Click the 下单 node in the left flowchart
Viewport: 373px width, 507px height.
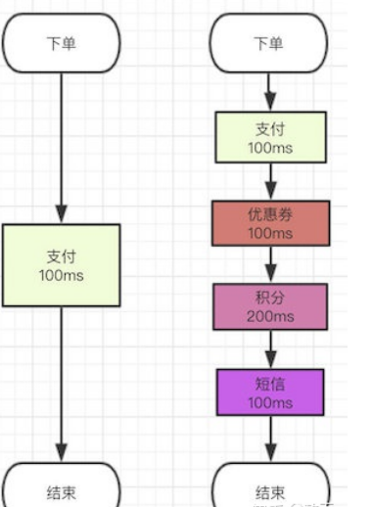[61, 43]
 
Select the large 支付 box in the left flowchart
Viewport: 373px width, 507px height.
[61, 263]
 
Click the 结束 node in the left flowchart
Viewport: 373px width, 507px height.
[61, 489]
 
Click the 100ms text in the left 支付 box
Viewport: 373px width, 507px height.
[61, 275]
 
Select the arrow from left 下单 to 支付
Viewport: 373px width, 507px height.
[61, 147]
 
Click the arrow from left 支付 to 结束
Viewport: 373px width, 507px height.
[61, 382]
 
